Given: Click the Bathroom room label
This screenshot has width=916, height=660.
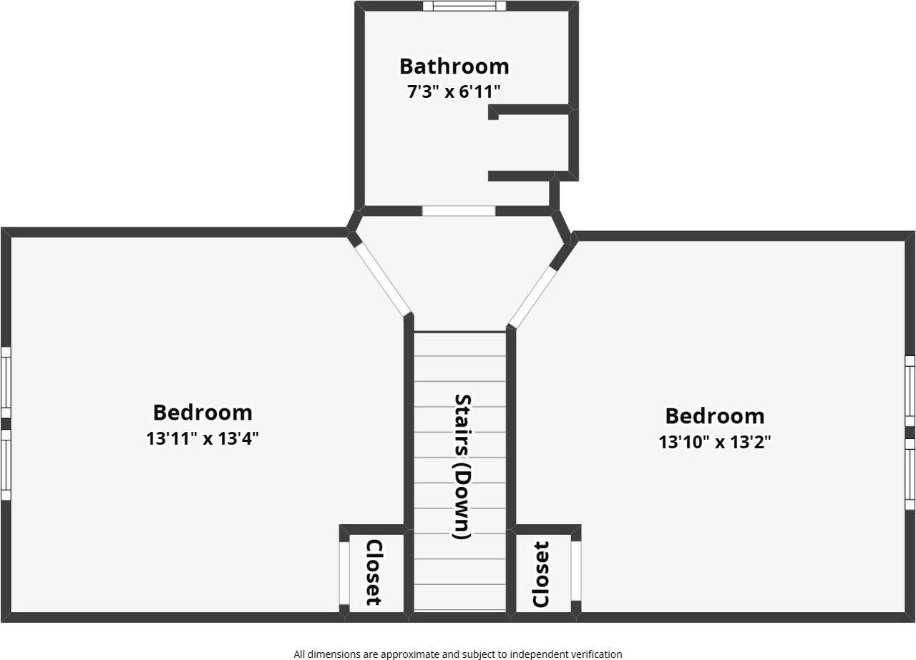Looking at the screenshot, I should pos(454,66).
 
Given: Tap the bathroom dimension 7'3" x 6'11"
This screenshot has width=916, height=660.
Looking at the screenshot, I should pos(454,92).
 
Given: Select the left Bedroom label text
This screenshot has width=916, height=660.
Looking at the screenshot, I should pos(203,413).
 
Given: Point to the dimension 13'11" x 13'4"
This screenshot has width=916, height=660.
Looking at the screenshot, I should pos(203,438).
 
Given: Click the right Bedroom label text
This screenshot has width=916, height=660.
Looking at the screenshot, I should pos(714,416).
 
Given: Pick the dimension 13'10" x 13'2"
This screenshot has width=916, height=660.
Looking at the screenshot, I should pos(714,442).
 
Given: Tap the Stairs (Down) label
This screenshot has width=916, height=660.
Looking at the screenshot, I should pos(462,466).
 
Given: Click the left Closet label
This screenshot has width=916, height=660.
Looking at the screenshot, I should pos(374,572).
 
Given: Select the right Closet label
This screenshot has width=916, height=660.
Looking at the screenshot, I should pos(541,575).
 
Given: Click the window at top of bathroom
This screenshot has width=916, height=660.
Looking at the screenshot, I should pos(464,6).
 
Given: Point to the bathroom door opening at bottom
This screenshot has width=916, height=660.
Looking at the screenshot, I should pos(458,211).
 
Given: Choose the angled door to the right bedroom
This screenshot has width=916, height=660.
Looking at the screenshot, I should pos(532,297).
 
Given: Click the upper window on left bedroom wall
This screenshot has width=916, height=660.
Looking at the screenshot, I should pos(5,382).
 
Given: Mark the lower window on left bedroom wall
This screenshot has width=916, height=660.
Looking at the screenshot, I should pos(5,464).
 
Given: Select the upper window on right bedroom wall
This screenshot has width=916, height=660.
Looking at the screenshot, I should pos(910,390).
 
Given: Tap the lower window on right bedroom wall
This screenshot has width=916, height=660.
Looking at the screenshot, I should pos(910,473).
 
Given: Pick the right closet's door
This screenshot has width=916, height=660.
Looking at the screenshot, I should pos(575,571).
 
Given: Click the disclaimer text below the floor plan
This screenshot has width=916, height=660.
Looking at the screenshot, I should pos(457,654).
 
